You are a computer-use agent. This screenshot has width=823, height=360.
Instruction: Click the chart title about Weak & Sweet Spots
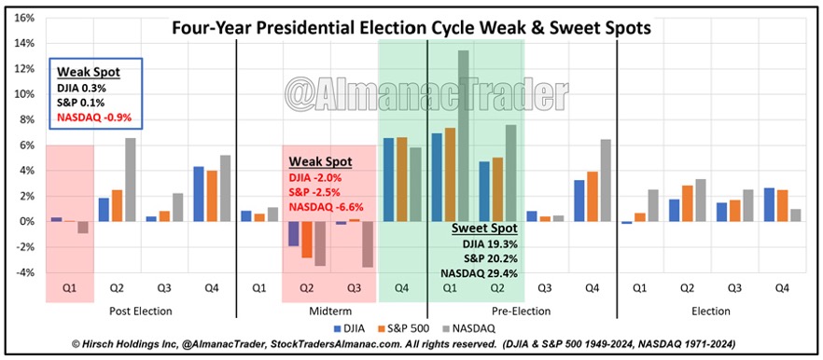411,28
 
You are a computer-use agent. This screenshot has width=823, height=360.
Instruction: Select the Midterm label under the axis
330,310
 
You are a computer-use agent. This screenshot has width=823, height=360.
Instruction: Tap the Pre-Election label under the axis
522,310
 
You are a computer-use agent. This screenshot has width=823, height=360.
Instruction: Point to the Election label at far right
712,310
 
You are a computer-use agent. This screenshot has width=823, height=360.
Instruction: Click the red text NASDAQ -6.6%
327,207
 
